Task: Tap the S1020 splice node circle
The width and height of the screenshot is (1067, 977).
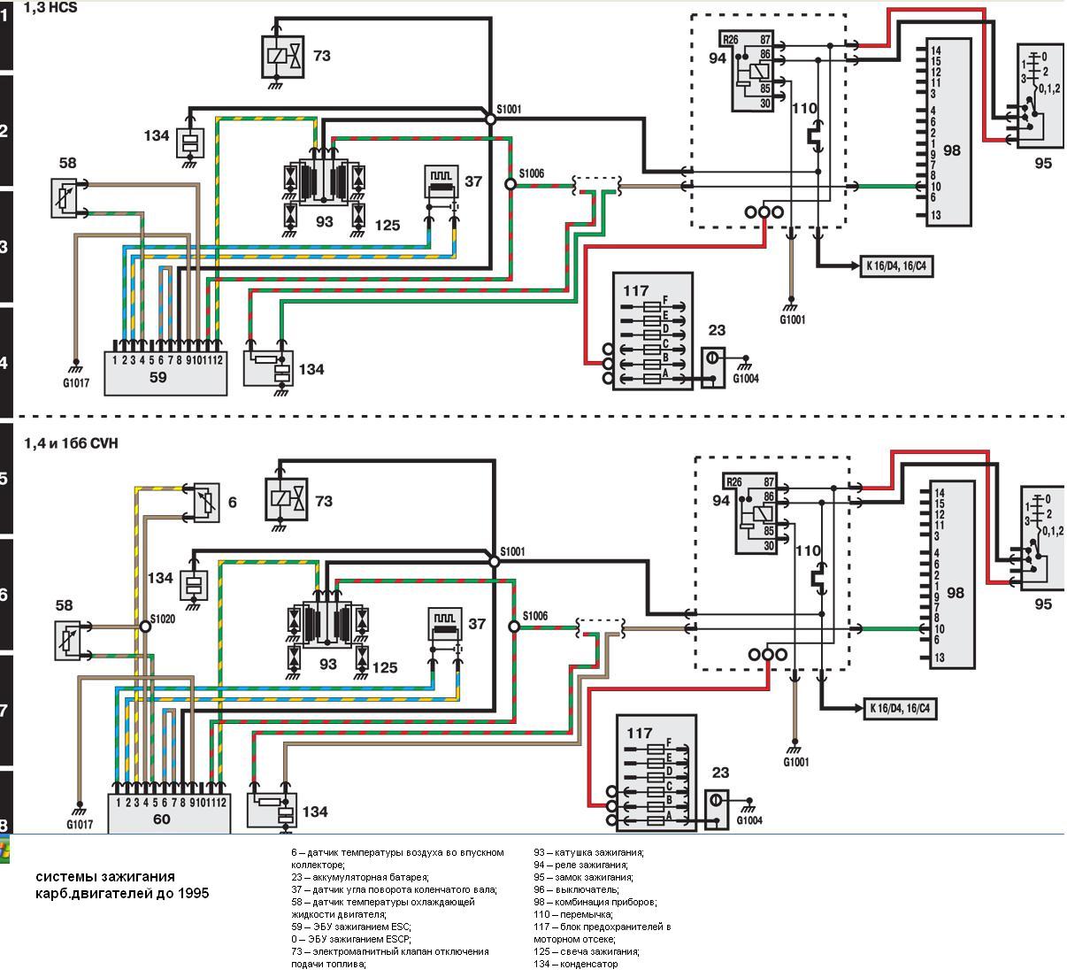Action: tap(144, 626)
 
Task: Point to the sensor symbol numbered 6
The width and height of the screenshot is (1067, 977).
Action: tap(206, 501)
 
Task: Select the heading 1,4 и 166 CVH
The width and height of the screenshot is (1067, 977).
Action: tap(71, 443)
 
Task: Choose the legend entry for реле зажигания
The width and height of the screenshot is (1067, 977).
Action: tap(582, 865)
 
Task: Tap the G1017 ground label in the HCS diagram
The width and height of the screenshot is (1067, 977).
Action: tap(77, 383)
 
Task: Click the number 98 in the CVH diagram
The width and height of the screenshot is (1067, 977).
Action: tap(955, 593)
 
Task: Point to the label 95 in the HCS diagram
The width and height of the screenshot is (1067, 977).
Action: tap(1042, 163)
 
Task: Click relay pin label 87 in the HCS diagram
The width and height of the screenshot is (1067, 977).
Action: tap(765, 40)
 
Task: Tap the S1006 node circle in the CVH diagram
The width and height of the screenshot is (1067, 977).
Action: tap(513, 627)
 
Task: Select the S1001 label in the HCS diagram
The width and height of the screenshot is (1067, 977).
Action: tap(510, 110)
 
